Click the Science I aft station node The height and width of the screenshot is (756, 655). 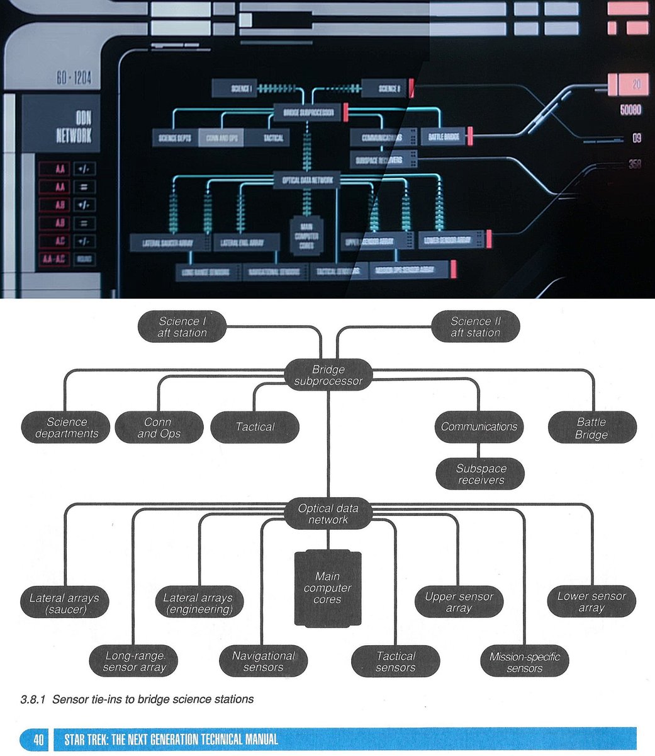click(x=182, y=326)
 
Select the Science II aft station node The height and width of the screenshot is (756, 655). click(x=475, y=326)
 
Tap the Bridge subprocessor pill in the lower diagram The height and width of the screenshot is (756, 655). click(x=328, y=375)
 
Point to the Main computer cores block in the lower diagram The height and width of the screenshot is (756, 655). click(x=328, y=588)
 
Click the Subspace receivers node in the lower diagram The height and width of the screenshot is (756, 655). click(x=481, y=474)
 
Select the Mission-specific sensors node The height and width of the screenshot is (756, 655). click(x=524, y=661)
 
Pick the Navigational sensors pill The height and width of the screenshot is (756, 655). click(x=263, y=661)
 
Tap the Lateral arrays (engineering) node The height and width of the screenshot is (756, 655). click(x=198, y=603)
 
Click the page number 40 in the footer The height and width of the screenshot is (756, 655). click(x=38, y=739)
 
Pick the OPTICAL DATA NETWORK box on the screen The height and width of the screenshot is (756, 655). click(x=307, y=181)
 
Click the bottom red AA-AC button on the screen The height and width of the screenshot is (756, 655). click(x=52, y=260)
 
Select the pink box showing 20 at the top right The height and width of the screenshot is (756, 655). click(x=628, y=84)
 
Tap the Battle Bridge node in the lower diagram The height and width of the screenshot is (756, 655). click(x=591, y=428)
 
